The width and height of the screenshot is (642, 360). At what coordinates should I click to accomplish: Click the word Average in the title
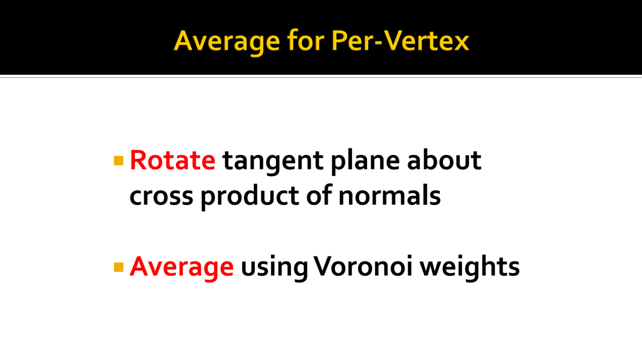(x=227, y=42)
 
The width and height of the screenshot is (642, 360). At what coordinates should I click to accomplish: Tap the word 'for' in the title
(x=305, y=40)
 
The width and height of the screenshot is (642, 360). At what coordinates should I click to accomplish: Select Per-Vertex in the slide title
(x=400, y=40)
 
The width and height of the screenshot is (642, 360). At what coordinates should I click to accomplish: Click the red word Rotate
(x=173, y=160)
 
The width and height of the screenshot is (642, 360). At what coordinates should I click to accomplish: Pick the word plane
(x=366, y=161)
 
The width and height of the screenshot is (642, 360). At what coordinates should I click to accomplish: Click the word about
(x=444, y=159)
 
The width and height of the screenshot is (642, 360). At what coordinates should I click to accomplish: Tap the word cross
(x=162, y=197)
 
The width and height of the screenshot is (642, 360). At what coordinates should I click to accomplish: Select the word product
(x=250, y=197)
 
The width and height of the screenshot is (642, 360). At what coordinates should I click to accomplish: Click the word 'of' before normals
(x=319, y=195)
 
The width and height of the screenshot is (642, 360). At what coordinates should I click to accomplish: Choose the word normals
(x=390, y=195)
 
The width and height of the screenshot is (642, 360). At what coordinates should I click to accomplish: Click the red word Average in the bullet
(x=182, y=267)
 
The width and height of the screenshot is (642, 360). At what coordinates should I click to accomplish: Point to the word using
(x=274, y=268)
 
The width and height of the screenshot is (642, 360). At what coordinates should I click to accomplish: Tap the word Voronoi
(x=363, y=266)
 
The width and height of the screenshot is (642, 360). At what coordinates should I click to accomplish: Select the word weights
(x=469, y=267)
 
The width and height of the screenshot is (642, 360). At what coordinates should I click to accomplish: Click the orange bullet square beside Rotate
(x=119, y=161)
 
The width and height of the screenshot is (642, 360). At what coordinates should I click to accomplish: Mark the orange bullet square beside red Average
(x=119, y=267)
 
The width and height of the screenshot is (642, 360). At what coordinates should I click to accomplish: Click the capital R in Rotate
(x=139, y=160)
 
